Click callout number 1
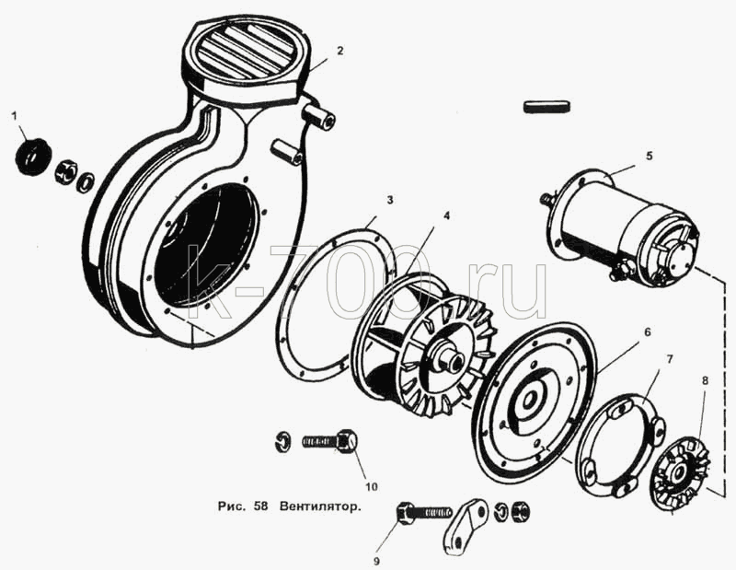pos(14,115)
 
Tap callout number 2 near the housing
pos(339,51)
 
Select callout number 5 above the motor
pos(650,156)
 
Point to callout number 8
pos(705,380)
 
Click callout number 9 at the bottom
pos(376,560)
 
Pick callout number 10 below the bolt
pos(372,487)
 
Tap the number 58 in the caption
pos(260,506)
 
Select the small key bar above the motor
pos(547,106)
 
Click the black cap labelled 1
pos(31,155)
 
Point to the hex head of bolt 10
pos(348,441)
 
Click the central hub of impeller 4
pos(449,355)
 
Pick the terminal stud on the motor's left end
pos(546,199)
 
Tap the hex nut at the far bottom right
pos(520,510)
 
